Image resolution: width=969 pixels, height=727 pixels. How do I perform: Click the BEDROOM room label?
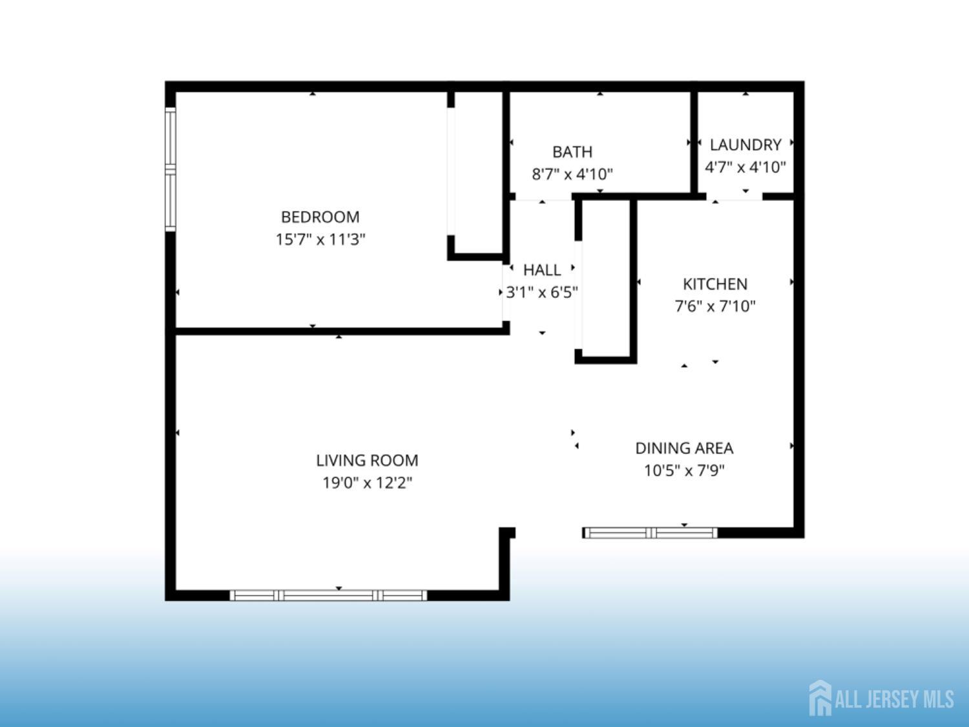(320, 216)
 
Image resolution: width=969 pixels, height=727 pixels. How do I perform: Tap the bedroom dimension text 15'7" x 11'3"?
(320, 239)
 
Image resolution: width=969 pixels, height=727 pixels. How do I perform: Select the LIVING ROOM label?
(367, 460)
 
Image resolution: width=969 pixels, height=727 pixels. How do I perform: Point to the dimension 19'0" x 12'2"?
(367, 483)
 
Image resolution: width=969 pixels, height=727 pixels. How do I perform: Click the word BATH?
(572, 152)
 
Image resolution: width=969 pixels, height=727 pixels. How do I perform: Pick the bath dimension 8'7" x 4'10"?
(572, 174)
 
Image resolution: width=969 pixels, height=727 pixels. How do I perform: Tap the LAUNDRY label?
(745, 145)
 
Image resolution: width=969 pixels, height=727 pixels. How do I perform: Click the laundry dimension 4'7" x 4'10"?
(745, 167)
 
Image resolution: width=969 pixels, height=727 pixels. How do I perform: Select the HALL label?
(541, 269)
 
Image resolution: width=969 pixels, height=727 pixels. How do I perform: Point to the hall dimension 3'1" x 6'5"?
(541, 292)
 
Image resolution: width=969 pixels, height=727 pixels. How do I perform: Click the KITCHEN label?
(715, 284)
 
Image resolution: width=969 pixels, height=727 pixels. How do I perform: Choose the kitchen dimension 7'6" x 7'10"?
(715, 306)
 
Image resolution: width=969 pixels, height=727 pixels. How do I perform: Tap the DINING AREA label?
(684, 448)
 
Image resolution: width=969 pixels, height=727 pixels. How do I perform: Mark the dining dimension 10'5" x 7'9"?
(684, 470)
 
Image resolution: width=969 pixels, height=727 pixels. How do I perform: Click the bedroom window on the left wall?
(171, 169)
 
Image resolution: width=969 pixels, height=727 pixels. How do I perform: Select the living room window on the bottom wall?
(328, 595)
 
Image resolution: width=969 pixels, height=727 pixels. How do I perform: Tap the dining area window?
(651, 532)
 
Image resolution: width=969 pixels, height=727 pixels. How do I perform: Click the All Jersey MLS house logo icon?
(820, 698)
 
